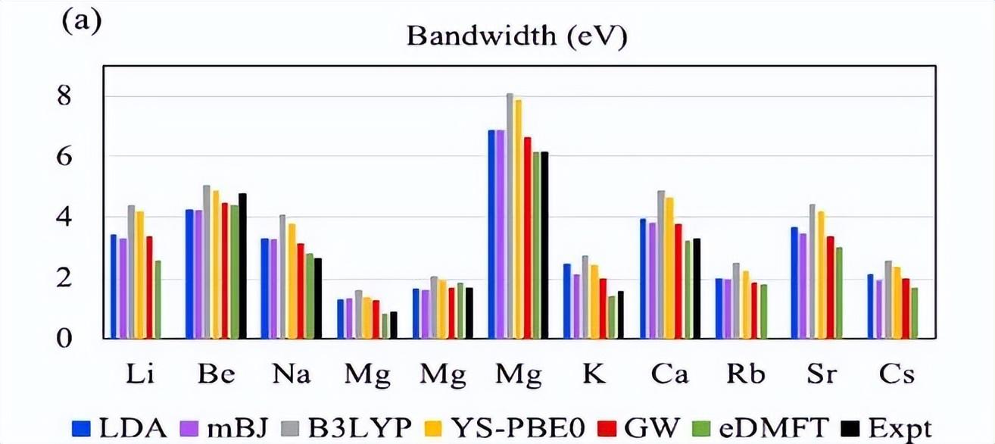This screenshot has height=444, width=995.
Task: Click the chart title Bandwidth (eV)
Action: [x=517, y=36]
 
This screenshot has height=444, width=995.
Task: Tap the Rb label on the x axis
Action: [x=745, y=374]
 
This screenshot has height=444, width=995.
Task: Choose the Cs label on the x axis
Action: [x=897, y=374]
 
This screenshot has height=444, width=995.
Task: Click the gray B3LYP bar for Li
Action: [x=131, y=273]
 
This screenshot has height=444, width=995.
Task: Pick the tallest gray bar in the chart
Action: [x=510, y=216]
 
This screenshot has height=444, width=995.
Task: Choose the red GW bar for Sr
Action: [x=830, y=288]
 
